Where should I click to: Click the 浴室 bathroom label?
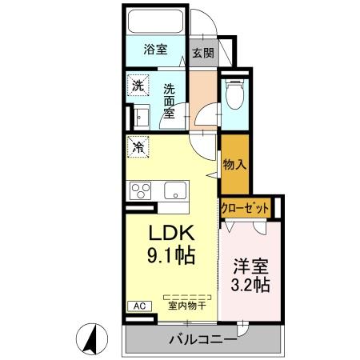(155, 50)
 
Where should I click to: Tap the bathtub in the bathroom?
(156, 22)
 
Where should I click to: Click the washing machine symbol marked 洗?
(138, 85)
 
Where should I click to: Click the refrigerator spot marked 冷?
(138, 147)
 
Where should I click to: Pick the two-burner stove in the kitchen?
(142, 190)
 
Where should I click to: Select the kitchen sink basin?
(174, 190)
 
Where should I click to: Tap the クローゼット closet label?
(246, 207)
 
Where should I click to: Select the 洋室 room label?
(250, 264)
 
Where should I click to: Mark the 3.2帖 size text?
(250, 285)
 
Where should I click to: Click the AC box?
(138, 306)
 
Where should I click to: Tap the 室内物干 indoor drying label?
(186, 305)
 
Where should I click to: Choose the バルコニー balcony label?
(201, 341)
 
